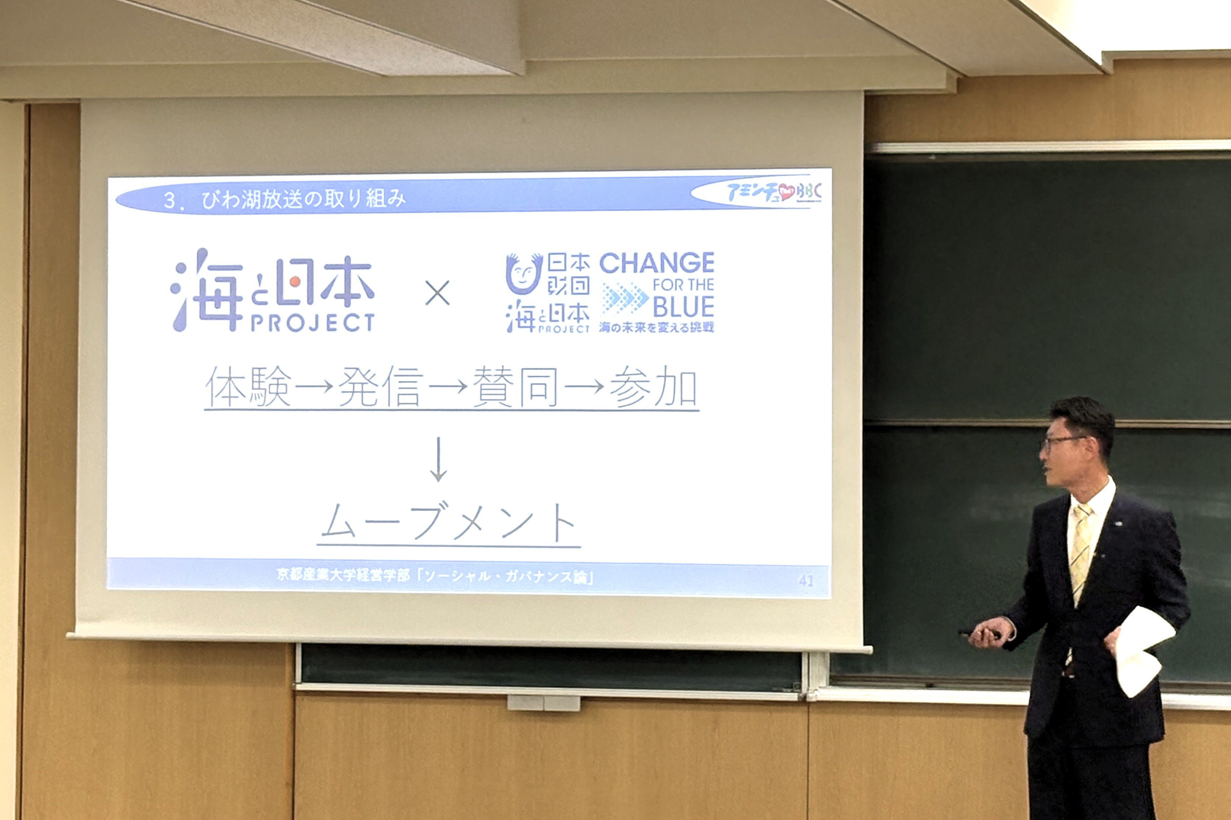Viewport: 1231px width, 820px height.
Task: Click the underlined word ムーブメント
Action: click(x=448, y=522)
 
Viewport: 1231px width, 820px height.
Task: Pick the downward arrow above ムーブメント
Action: click(x=438, y=459)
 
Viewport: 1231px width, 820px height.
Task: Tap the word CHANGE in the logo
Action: click(x=657, y=263)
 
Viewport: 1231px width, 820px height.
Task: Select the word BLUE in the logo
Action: click(x=683, y=307)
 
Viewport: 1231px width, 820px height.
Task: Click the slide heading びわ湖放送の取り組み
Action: click(x=304, y=199)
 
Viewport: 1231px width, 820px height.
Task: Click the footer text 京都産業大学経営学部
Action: click(x=343, y=575)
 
